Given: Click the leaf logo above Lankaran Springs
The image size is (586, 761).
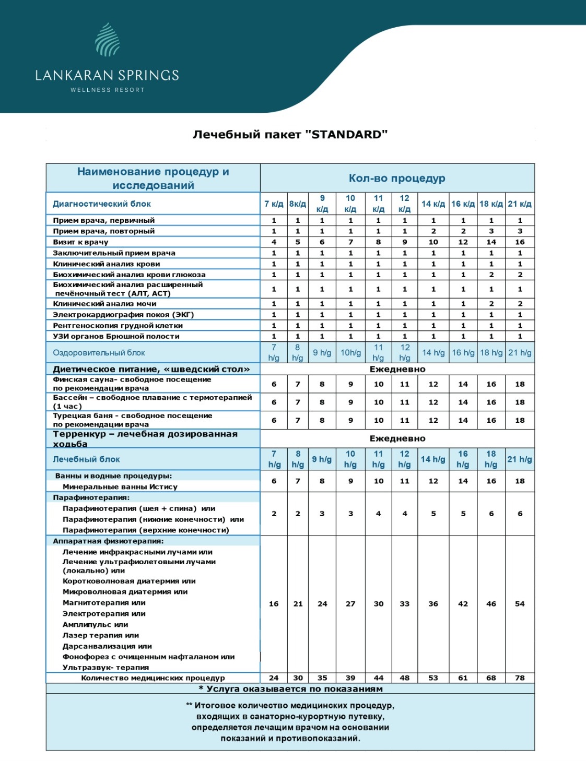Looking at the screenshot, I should click(x=108, y=40).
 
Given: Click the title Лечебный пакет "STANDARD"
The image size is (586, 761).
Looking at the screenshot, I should click(x=290, y=135).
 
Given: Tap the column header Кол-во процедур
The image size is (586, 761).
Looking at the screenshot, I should click(x=397, y=179).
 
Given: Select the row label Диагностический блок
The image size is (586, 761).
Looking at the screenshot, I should click(x=102, y=204).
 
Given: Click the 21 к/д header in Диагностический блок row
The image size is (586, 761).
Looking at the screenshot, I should click(x=520, y=204).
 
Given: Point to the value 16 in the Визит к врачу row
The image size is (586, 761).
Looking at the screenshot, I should click(x=520, y=242).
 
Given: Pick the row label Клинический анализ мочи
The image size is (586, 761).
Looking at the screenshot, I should click(x=104, y=304).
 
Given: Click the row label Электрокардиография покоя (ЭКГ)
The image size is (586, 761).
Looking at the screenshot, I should click(x=123, y=315).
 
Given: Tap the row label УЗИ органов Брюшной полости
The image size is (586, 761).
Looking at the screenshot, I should click(x=116, y=337).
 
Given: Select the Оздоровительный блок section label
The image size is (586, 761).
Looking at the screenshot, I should click(x=99, y=353).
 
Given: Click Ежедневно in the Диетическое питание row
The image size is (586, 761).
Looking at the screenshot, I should click(x=397, y=370).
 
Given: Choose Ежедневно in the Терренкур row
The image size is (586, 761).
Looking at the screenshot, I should click(x=397, y=439).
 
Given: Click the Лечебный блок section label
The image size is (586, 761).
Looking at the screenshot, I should click(x=86, y=459).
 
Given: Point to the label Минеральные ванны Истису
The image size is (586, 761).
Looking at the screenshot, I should click(x=120, y=487).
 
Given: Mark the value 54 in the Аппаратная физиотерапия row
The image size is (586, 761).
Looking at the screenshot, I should click(x=520, y=604).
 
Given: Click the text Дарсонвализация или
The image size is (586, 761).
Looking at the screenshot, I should click(x=107, y=646).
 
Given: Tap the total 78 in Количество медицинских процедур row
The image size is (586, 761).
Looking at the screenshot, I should click(x=520, y=678).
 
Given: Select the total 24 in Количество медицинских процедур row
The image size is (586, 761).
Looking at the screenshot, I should click(x=274, y=678).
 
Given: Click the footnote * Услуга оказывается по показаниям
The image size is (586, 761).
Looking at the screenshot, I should click(x=290, y=689).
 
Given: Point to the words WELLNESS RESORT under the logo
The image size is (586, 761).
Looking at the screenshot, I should click(x=107, y=90).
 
